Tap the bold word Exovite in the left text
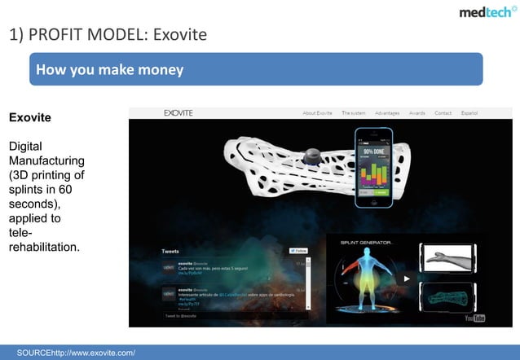tap(29, 118)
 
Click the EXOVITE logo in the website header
tap(178, 112)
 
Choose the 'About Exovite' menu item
tap(319, 113)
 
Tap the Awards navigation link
tap(417, 113)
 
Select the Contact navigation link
tap(443, 113)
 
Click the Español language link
tap(469, 113)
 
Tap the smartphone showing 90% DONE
tap(373, 166)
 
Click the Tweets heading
tap(171, 251)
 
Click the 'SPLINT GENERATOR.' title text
tap(366, 242)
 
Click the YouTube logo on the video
tap(474, 318)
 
